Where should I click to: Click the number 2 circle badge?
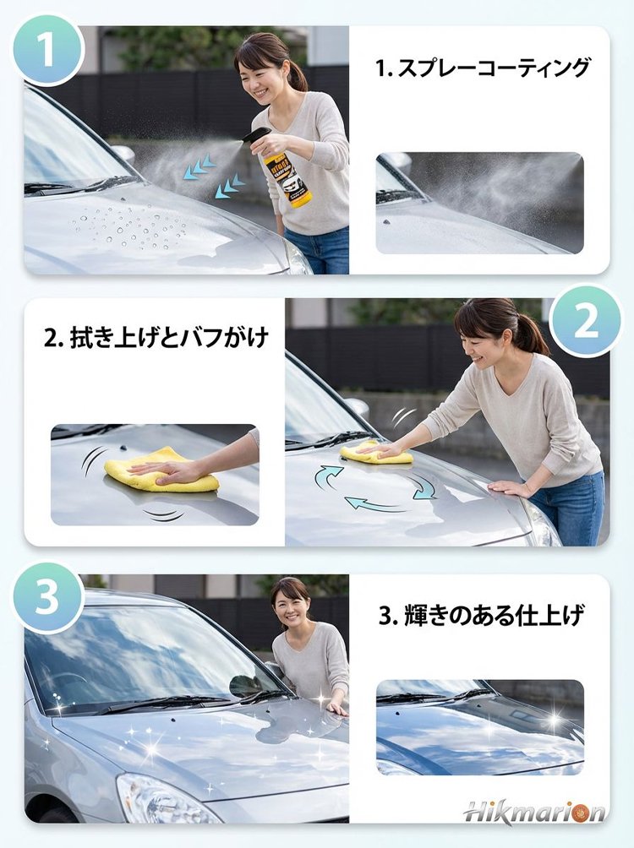point(586,320)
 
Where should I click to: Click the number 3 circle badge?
point(46,598)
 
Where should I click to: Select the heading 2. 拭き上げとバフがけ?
point(156,339)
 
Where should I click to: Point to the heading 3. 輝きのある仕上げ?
point(481,616)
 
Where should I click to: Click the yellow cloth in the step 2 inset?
point(161,472)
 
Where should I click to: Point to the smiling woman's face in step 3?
point(292,605)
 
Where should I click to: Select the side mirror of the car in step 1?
point(124,154)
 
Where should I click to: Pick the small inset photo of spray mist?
point(479,203)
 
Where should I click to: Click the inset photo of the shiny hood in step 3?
point(479,726)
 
